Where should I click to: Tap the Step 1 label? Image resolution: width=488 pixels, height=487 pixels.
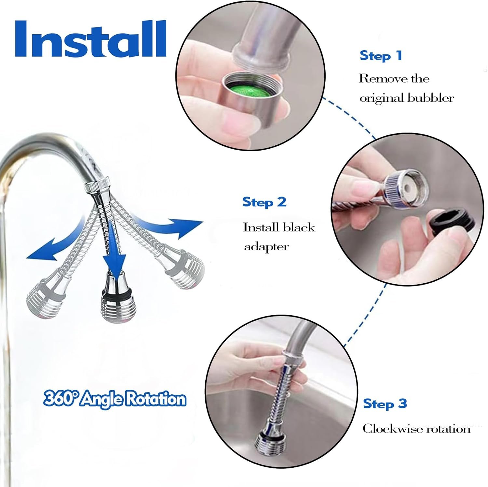tap(381, 56)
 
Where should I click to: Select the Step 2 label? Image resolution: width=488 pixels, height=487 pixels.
tap(264, 202)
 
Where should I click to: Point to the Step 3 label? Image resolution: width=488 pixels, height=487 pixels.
tap(385, 404)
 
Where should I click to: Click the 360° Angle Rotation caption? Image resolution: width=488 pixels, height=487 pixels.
tap(115, 399)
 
